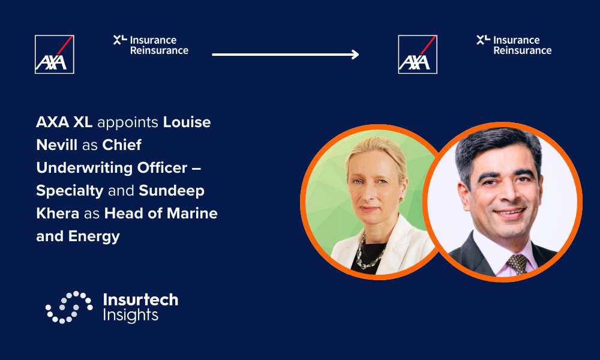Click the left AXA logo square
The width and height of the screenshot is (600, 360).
click(x=55, y=55)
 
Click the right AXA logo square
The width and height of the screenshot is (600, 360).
click(x=418, y=55)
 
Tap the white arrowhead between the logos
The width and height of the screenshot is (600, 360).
click(x=355, y=55)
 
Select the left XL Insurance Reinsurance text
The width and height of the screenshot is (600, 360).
click(x=151, y=45)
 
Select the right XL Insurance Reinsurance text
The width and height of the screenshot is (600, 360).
click(x=514, y=45)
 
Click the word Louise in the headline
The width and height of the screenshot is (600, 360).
click(x=187, y=122)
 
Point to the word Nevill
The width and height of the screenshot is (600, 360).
click(x=56, y=145)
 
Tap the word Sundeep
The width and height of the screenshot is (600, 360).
click(x=172, y=191)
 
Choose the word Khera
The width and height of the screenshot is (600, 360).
click(x=58, y=213)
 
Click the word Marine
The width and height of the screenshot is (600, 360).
click(x=192, y=213)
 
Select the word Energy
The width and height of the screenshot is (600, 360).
click(x=94, y=236)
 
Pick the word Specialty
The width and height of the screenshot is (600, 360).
click(x=70, y=191)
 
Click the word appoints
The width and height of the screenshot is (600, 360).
click(x=128, y=122)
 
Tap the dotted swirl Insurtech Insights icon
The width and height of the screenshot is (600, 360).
click(x=69, y=307)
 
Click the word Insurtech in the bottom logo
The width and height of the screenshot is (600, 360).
click(x=141, y=299)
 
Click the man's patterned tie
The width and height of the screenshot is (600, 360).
click(x=518, y=264)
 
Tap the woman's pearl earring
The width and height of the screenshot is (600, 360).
click(x=402, y=199)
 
